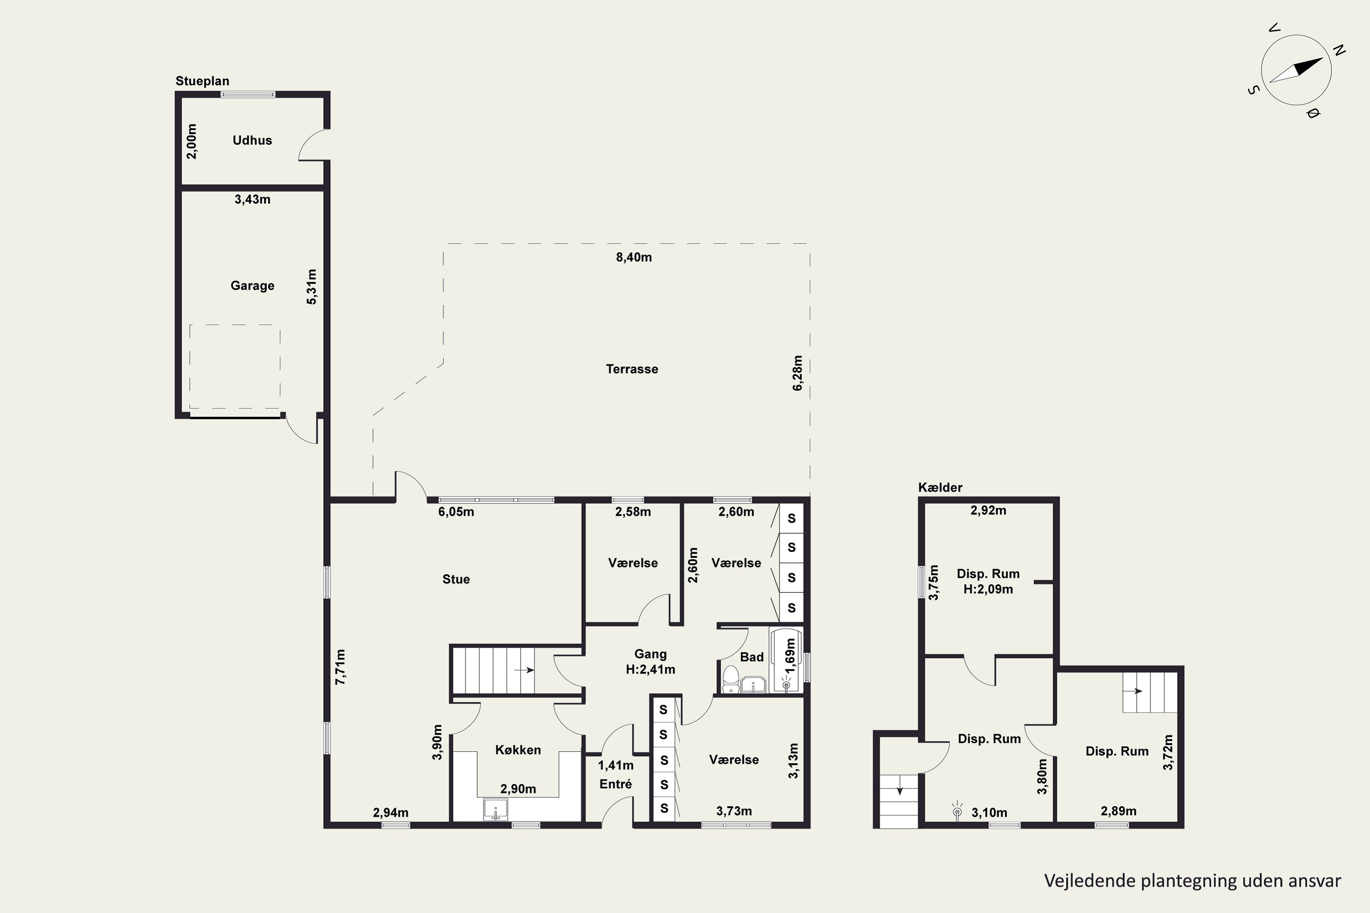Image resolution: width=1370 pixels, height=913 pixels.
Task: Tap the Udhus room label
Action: [x=252, y=140]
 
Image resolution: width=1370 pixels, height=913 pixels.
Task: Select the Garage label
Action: [x=252, y=285]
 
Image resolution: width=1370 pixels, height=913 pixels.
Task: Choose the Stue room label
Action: [x=456, y=579]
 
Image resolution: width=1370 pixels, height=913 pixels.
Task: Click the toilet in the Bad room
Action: [x=730, y=680]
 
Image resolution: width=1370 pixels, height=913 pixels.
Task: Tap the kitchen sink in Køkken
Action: [x=495, y=809]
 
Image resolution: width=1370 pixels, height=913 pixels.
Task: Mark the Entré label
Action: [x=616, y=784]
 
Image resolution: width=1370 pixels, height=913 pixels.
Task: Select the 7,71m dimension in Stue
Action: [x=341, y=666]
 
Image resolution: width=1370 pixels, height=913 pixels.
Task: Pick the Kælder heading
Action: [x=940, y=488]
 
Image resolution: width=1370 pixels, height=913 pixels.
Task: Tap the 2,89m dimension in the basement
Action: [x=1118, y=811]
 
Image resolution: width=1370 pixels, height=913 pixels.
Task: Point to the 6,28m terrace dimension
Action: [x=797, y=373]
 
